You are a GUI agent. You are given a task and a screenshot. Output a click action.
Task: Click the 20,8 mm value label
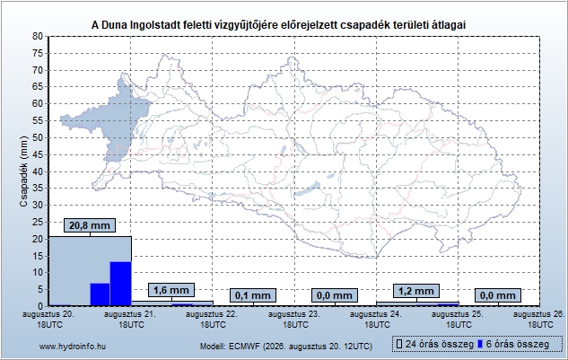click(90, 225)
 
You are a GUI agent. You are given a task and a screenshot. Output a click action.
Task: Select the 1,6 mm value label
click(171, 290)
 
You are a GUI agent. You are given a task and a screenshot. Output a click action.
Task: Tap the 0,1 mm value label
click(253, 295)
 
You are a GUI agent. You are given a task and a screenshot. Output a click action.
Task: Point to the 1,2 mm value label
click(416, 291)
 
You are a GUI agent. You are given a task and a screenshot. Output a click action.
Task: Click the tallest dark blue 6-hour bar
click(120, 284)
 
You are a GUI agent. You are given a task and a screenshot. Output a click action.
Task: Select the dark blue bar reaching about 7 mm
click(100, 294)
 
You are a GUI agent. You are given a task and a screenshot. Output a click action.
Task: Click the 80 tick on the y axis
click(38, 36)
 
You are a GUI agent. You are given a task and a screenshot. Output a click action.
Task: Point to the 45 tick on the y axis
click(38, 154)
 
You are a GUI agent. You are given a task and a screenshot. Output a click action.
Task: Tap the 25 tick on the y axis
click(38, 223)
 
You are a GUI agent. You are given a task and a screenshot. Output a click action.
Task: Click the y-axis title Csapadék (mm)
click(24, 171)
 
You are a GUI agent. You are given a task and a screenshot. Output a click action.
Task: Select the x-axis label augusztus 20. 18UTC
click(48, 320)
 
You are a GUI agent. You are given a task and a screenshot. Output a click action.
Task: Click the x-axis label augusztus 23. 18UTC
click(294, 320)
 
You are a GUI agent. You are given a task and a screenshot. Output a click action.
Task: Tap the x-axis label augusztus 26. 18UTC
click(539, 320)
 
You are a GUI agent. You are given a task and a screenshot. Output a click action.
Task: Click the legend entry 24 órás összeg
click(435, 344)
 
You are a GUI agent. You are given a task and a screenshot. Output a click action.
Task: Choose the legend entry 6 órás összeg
click(513, 344)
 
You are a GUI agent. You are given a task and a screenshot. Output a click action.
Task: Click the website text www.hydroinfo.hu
click(73, 347)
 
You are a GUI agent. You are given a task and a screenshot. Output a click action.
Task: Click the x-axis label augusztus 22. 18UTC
click(213, 320)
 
